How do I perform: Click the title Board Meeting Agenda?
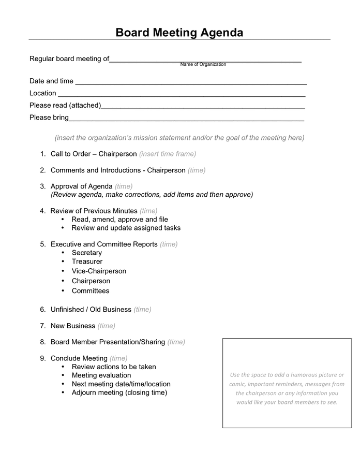[x=179, y=33]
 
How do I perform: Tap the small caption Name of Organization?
[x=203, y=64]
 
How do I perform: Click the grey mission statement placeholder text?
[x=179, y=138]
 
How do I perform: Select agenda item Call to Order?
[x=94, y=154]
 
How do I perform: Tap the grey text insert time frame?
[x=168, y=154]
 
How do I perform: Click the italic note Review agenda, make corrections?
[x=152, y=195]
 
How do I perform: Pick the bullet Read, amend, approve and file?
[x=119, y=219]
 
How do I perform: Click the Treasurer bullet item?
[x=87, y=261]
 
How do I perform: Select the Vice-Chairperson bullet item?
[x=99, y=271]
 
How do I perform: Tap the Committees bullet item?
[x=91, y=290]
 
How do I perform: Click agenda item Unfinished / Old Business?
[x=91, y=309]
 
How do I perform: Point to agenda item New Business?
[x=73, y=326]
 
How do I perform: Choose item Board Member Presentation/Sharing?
[x=108, y=342]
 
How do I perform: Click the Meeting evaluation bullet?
[x=101, y=375]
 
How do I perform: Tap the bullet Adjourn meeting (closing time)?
[x=119, y=392]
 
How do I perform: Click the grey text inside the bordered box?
[x=287, y=388]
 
